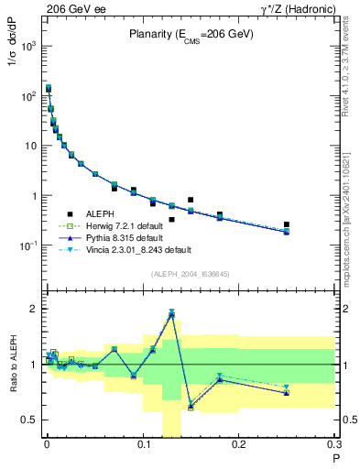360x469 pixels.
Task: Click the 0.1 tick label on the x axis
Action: click(x=142, y=448)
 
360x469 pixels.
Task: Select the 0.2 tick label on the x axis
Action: click(x=239, y=448)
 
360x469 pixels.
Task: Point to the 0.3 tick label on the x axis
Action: click(x=333, y=448)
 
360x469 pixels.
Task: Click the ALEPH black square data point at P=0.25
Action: click(x=287, y=224)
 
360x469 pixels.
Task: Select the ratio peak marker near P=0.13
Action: click(x=171, y=314)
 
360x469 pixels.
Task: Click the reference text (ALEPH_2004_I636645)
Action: click(x=191, y=274)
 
